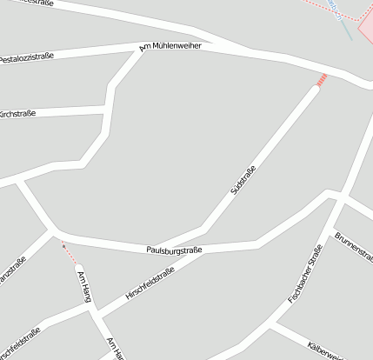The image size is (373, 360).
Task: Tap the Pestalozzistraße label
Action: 26,57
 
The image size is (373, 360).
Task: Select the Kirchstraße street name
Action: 17,113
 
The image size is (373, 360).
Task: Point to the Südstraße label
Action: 243,178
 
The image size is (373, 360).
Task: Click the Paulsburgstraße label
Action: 174,250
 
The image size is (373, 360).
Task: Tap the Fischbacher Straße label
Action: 305,274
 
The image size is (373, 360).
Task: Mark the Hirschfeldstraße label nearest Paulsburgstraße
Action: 150,283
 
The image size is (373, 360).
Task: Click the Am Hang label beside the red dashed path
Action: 85,286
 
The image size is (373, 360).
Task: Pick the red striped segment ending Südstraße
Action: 321,81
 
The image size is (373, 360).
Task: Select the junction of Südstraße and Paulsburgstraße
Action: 203,228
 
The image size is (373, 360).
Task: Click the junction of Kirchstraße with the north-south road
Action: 107,110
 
